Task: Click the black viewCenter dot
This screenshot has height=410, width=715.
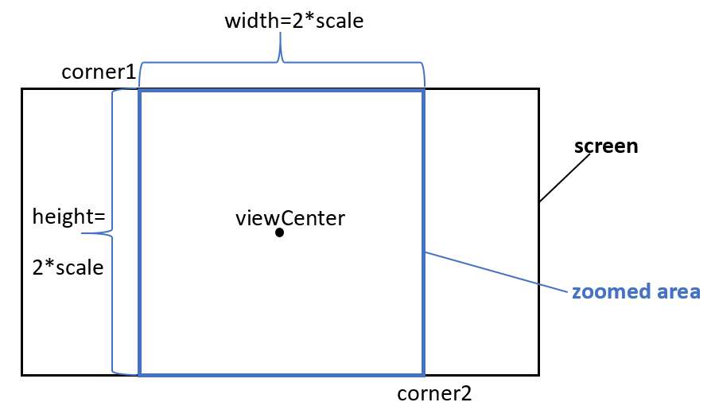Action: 280,232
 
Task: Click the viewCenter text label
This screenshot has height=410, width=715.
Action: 290,217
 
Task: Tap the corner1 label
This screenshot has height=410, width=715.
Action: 99,72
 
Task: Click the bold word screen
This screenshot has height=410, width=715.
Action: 606,146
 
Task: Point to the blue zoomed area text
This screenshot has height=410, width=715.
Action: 635,291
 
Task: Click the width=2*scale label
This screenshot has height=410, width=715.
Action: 293,21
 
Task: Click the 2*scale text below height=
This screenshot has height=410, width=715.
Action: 68,267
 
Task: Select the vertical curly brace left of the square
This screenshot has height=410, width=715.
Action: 115,232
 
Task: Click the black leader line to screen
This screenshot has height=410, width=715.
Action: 565,178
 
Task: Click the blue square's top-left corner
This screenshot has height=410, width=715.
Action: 140,92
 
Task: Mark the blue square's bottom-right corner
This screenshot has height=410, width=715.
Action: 423,373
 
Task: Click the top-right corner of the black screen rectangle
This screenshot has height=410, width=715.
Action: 538,89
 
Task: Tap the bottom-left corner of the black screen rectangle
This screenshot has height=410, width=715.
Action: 22,374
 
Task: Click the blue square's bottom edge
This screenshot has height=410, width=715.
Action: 282,373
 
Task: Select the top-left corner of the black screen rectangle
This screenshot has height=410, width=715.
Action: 22,89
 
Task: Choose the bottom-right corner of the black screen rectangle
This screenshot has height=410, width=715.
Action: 538,374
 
